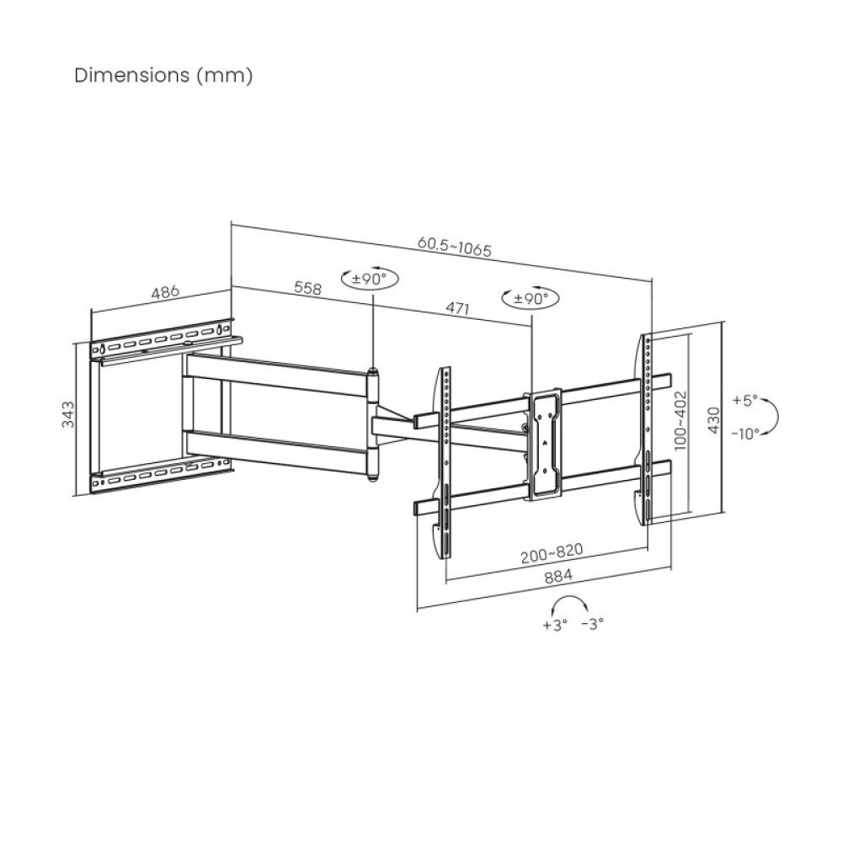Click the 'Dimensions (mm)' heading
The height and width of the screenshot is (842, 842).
(163, 75)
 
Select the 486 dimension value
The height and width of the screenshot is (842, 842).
(165, 293)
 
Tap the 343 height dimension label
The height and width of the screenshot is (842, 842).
(70, 415)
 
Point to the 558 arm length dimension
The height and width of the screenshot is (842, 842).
(308, 288)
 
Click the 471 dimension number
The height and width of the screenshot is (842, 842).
(456, 308)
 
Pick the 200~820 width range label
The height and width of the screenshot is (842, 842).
(552, 552)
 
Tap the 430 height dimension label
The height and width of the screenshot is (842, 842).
(713, 418)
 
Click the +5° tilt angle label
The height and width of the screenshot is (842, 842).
(745, 400)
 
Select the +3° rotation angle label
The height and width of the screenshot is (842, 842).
(556, 625)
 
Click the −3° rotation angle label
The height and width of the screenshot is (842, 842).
(593, 625)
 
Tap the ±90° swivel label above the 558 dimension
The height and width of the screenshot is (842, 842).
(369, 279)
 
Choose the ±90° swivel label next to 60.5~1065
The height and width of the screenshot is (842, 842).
(530, 297)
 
